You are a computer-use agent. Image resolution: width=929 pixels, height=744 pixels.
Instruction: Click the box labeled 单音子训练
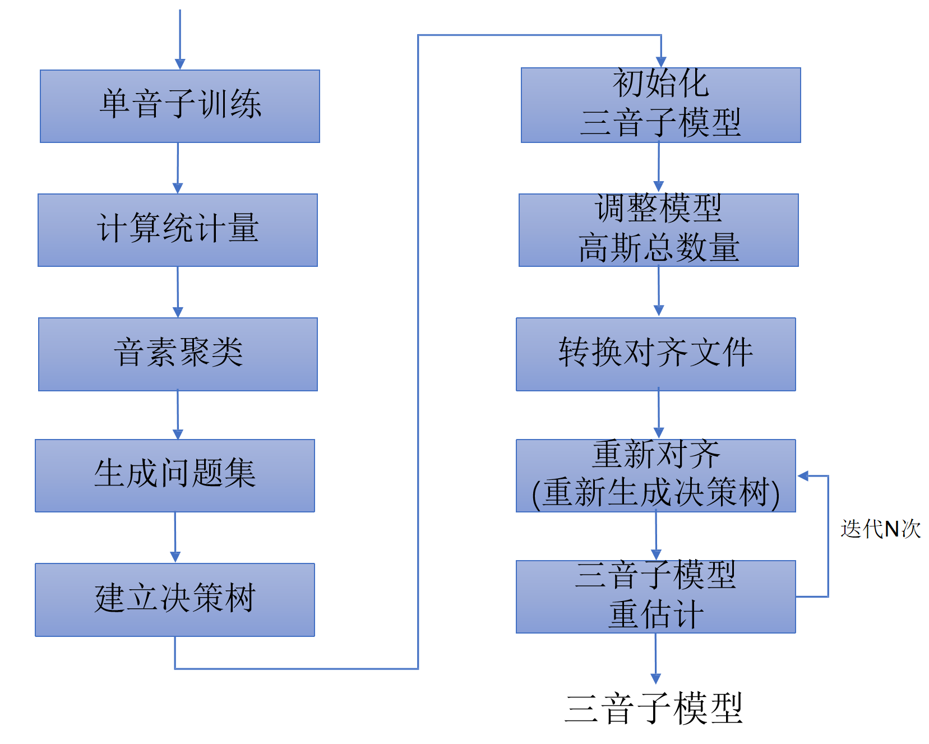point(179,106)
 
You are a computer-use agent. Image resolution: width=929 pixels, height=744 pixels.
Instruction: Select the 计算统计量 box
point(177,230)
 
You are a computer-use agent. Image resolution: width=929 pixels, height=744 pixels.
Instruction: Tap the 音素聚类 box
point(178,354)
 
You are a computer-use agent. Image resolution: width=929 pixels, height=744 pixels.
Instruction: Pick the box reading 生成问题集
point(175,475)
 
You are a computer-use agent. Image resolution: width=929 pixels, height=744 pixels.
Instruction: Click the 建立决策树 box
point(175,599)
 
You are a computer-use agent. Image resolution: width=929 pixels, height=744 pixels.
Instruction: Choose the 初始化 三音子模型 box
point(660,105)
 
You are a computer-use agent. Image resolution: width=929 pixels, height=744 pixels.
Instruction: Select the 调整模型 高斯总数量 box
point(658,230)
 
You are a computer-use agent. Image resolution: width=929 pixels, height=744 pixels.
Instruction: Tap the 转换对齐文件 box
point(655,354)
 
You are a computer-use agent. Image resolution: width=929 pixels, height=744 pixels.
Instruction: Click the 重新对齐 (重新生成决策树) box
point(655,475)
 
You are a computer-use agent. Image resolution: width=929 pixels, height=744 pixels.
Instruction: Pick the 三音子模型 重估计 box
point(655,597)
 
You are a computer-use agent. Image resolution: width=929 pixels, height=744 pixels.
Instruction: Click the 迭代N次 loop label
point(880,529)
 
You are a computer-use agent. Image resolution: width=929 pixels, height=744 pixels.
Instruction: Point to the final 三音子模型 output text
point(654,709)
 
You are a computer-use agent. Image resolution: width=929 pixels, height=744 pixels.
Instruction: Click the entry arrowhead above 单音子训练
point(180,64)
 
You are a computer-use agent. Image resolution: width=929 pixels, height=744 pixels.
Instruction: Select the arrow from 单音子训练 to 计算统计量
point(178,168)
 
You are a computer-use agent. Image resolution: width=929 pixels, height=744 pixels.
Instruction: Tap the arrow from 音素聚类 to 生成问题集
point(178,415)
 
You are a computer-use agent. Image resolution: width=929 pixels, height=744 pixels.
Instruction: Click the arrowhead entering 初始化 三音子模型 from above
point(661,62)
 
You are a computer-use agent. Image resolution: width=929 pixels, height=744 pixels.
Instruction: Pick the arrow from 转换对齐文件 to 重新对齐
point(659,414)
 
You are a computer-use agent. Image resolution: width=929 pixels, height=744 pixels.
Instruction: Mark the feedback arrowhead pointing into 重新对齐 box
point(803,476)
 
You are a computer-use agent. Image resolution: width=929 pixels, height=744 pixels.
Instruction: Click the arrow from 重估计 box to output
point(655,659)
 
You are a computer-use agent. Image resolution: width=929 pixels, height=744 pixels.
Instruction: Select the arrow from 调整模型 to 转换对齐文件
point(659,292)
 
